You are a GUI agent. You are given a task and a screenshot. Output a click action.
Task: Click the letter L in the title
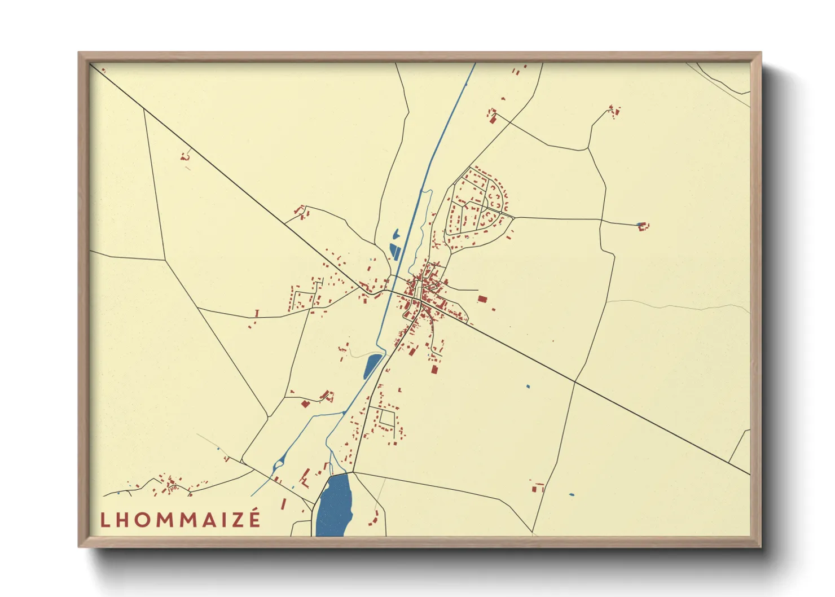point(104,520)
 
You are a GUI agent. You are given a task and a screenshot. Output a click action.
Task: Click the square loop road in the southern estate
point(387,418)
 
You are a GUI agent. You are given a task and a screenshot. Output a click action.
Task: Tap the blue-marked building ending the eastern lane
point(642,226)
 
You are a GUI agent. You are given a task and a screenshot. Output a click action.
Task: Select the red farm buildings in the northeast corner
point(614,110)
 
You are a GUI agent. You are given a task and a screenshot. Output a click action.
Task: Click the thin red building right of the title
point(283,503)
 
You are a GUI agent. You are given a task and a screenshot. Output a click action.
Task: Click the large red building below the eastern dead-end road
point(482,298)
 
